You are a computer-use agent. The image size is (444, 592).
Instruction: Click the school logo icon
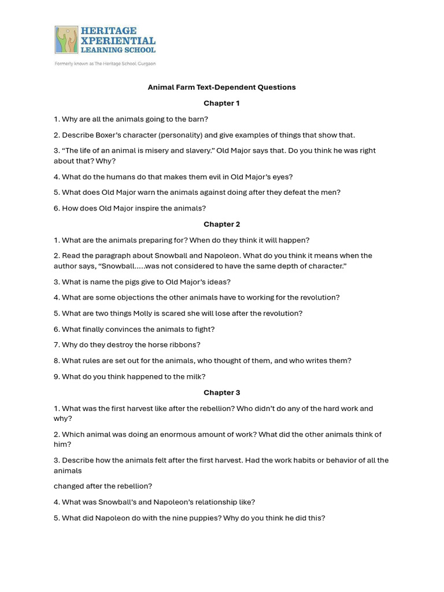(x=66, y=39)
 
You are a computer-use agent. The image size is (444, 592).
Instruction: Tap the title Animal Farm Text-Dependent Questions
(x=221, y=87)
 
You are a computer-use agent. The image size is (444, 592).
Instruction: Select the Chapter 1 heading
(x=221, y=103)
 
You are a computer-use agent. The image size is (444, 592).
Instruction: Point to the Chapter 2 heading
(x=221, y=224)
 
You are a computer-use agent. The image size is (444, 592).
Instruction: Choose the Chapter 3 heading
(x=221, y=393)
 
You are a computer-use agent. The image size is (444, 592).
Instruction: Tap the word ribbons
(x=183, y=345)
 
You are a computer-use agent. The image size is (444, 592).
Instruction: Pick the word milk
(x=193, y=376)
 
